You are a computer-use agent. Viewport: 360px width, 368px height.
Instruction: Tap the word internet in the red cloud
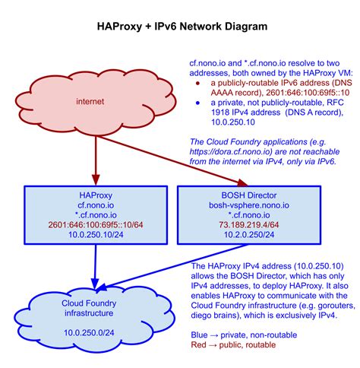coord(90,101)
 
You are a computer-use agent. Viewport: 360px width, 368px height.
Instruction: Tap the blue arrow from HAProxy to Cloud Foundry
coord(93,266)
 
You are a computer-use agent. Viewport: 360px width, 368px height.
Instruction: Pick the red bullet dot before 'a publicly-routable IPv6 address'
coord(197,81)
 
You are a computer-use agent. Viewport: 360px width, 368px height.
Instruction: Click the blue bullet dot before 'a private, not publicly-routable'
coord(197,102)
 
